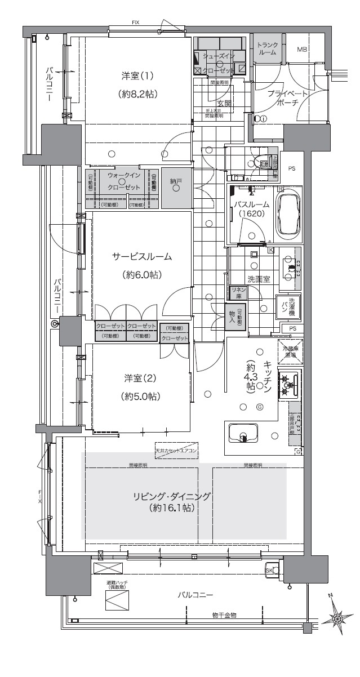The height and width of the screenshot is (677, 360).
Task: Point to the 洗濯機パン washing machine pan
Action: (288, 308)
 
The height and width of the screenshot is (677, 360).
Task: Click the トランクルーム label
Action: (267, 48)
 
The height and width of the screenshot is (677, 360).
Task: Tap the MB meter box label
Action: (302, 50)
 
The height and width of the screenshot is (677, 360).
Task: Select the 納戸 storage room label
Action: (176, 181)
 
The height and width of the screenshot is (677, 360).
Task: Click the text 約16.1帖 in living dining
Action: (172, 508)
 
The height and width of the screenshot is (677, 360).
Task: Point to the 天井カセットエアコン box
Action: (176, 451)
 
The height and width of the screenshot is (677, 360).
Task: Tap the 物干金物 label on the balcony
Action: (224, 614)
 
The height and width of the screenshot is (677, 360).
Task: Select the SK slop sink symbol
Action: (270, 570)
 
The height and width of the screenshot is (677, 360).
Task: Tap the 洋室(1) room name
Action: (137, 75)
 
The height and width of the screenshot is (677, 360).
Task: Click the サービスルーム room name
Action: (141, 257)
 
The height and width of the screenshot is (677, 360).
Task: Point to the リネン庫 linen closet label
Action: (236, 292)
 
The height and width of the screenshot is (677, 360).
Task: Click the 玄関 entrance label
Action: (224, 103)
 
